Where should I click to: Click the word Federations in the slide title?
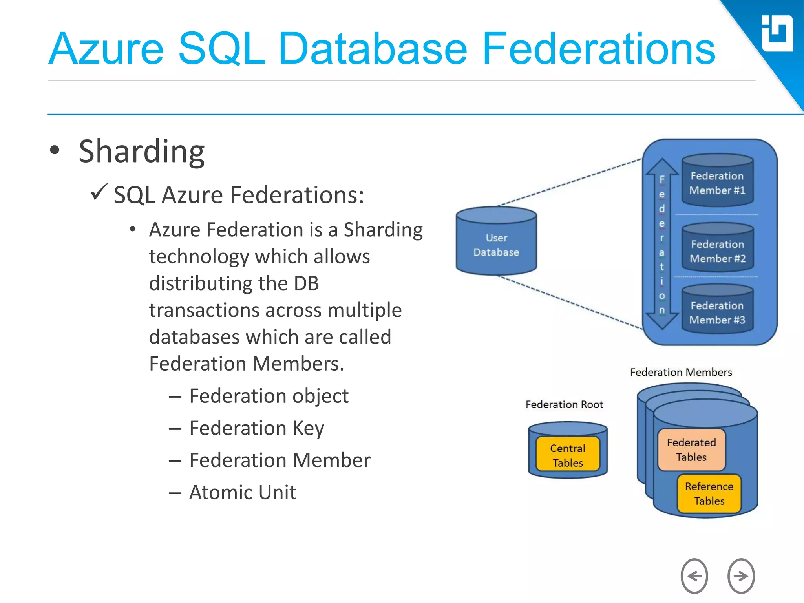598,49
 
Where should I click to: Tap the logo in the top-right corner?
777,34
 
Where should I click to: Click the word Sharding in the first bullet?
141,152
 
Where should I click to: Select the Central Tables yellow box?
568,455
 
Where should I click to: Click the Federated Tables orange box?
691,450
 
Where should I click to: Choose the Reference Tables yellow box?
709,493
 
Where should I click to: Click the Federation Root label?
564,404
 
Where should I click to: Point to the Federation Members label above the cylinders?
681,372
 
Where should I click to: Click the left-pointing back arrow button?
694,576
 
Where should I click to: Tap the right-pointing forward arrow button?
741,576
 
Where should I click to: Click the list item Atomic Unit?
242,492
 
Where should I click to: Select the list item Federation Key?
256,428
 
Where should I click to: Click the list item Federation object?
269,396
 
